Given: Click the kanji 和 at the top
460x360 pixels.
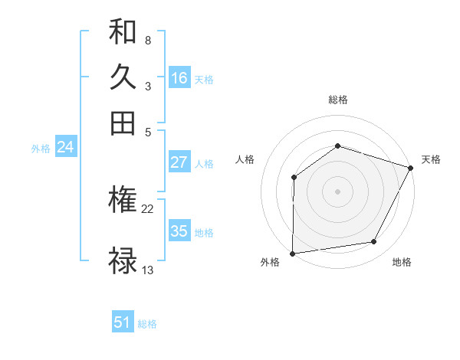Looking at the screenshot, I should click(123, 33).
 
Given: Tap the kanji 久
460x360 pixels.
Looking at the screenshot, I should click(123, 77).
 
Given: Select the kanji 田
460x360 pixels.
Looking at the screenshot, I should click(123, 123).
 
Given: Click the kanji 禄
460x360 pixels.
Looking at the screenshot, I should click(123, 260).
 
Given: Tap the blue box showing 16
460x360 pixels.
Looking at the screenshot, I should click(179, 78).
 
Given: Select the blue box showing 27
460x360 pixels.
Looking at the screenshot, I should click(179, 162).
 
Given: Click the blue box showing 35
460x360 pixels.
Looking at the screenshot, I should click(179, 231).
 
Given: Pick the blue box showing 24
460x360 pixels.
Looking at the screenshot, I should click(65, 148).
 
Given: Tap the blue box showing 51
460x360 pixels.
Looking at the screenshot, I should click(123, 322).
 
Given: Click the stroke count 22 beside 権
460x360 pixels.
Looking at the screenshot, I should click(148, 208).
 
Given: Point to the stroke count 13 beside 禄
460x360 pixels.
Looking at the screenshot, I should click(148, 270).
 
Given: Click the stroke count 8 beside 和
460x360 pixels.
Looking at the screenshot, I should click(147, 40).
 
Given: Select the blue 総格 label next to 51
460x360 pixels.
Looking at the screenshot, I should click(147, 324).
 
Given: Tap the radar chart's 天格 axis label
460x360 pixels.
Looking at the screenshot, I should click(431, 159).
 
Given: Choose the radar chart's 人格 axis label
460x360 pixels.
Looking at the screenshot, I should click(245, 159).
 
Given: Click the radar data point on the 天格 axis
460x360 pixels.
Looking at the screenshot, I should click(411, 168).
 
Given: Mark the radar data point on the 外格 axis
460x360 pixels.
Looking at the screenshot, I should click(292, 254).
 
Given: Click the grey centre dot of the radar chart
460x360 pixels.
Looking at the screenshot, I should click(337, 191).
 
